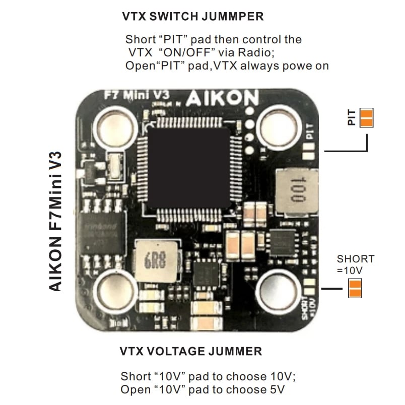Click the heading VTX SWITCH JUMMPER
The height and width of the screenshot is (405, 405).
click(192, 16)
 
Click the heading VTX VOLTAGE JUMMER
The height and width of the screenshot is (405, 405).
click(190, 351)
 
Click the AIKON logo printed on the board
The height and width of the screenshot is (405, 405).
click(222, 97)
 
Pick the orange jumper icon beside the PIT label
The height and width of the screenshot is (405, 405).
click(366, 117)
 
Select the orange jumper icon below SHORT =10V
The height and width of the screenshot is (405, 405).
click(355, 288)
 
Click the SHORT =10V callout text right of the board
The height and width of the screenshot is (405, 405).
click(356, 264)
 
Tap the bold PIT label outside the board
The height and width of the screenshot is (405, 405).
click(352, 117)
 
